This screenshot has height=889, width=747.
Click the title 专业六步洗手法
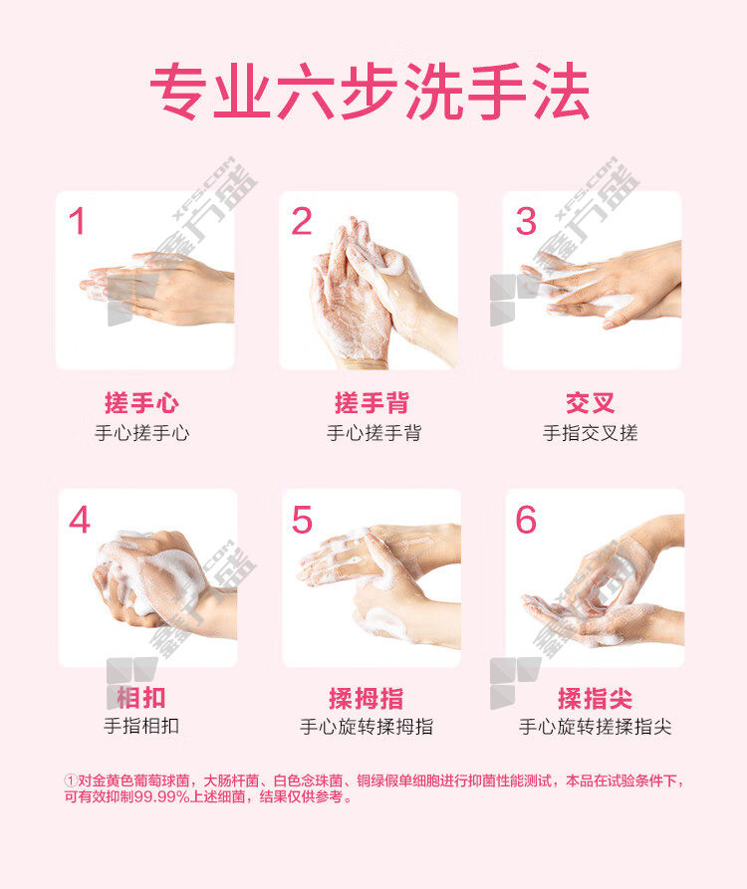[370, 92]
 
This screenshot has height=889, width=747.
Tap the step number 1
[77, 221]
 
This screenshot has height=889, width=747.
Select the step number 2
[301, 221]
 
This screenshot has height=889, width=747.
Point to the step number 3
[526, 221]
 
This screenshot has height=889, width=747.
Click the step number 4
[80, 520]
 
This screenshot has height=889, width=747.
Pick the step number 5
[302, 520]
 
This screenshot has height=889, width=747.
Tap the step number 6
[526, 520]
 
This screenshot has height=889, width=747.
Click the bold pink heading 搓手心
[141, 403]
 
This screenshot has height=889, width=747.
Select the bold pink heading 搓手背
[373, 403]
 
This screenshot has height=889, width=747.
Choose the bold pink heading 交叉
[590, 403]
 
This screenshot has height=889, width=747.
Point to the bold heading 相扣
[141, 698]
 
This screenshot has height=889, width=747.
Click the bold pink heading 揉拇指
[367, 699]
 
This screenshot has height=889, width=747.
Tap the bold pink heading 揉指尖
[595, 699]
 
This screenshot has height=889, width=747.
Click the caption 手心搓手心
[141, 433]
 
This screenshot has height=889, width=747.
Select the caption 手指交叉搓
[591, 433]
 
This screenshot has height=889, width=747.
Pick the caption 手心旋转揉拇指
[367, 727]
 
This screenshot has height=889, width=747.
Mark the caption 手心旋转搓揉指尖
[596, 727]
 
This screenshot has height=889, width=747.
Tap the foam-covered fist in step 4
[146, 577]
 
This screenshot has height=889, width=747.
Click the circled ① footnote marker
[71, 780]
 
